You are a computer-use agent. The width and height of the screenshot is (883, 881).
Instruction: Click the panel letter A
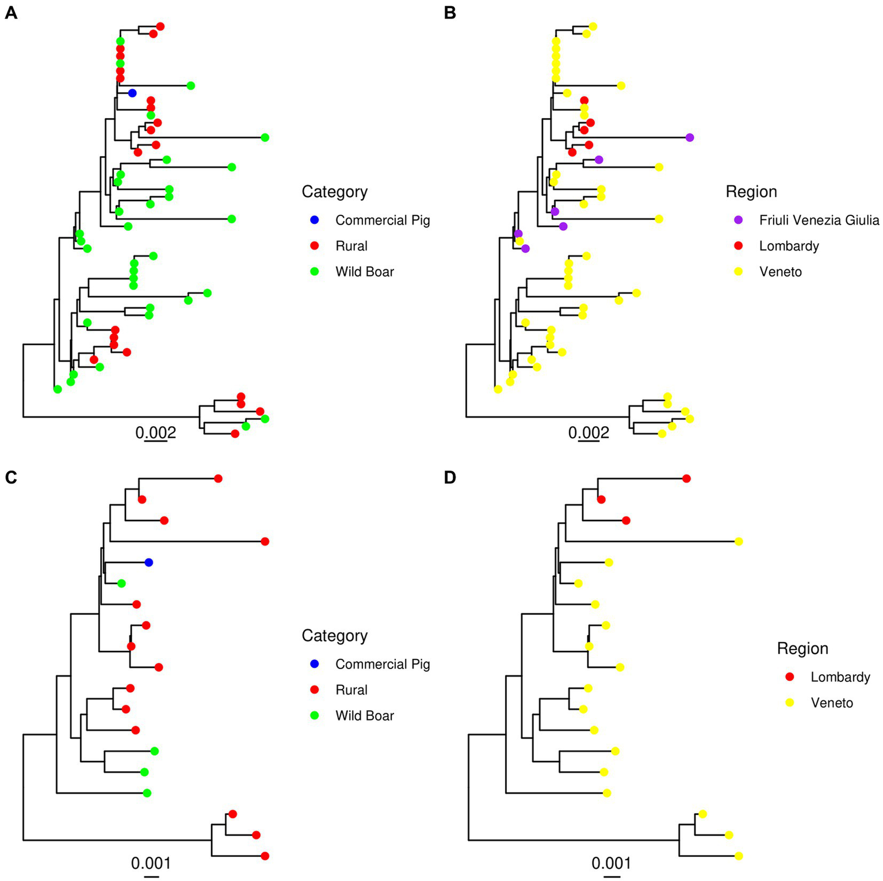(x=10, y=13)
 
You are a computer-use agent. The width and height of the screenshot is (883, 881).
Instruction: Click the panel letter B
(x=450, y=13)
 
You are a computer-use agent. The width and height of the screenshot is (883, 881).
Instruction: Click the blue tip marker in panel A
(x=132, y=93)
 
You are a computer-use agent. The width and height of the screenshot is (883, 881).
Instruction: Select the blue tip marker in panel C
(x=148, y=562)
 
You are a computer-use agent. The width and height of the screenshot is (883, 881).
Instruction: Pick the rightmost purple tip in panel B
(x=690, y=138)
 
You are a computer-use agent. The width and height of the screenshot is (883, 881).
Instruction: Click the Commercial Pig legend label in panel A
(x=383, y=221)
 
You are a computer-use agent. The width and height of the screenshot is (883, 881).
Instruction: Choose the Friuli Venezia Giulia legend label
(x=819, y=221)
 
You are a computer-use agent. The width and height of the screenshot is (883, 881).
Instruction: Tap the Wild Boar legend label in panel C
(x=365, y=716)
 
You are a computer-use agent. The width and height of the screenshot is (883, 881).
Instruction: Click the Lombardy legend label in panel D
(x=840, y=677)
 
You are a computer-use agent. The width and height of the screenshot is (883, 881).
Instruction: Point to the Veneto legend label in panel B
(x=780, y=272)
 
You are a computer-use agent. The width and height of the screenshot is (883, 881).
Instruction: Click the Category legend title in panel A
(x=334, y=192)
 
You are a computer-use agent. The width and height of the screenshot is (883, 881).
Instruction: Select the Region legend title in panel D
(x=802, y=648)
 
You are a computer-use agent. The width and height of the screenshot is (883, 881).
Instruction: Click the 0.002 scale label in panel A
(x=155, y=432)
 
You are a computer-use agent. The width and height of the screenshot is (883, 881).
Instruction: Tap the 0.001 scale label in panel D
(x=611, y=863)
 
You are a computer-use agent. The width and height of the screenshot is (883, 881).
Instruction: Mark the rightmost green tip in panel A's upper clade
(x=265, y=138)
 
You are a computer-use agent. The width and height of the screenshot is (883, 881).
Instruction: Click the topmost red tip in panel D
(x=686, y=479)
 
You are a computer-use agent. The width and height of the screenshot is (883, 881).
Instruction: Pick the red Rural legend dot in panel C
(x=315, y=690)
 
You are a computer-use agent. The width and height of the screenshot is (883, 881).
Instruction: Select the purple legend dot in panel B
(x=739, y=220)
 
